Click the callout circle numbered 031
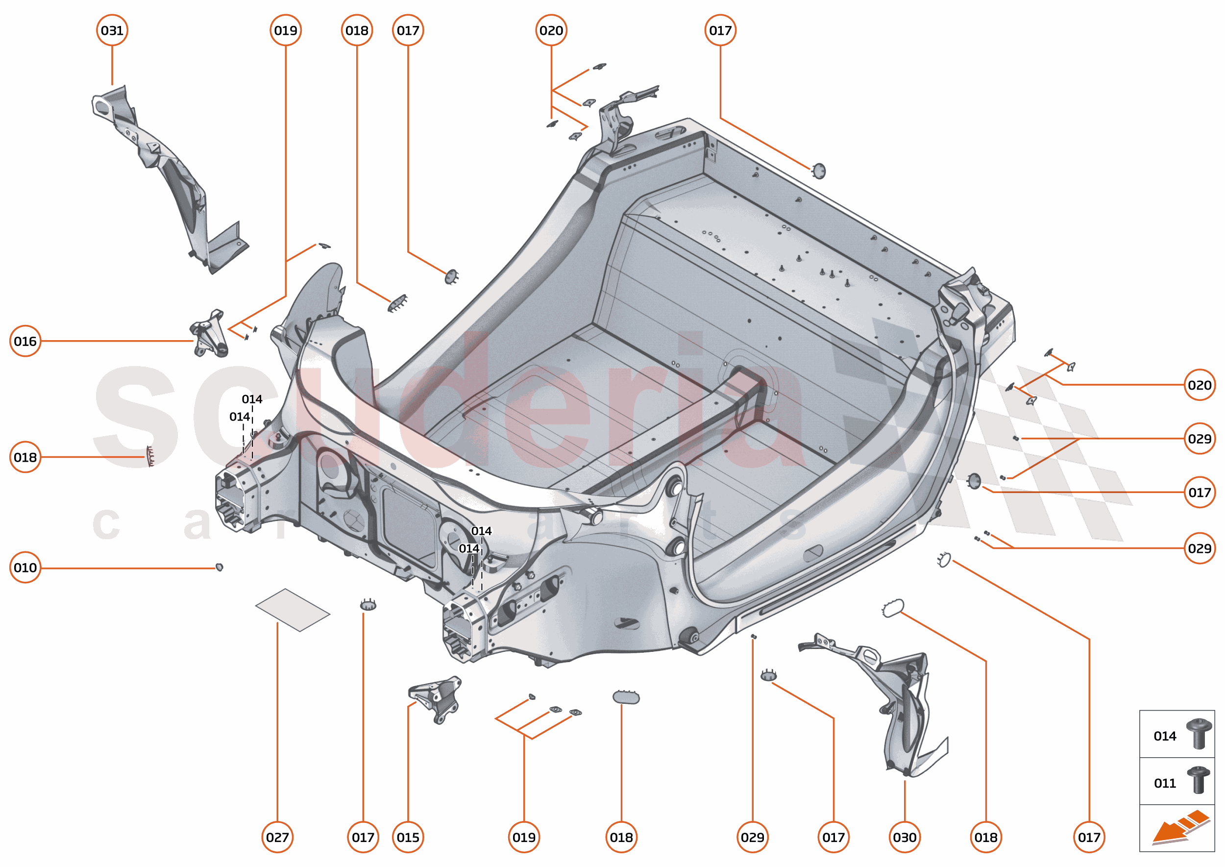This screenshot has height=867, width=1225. (x=112, y=30)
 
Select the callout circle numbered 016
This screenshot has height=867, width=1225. (x=25, y=341)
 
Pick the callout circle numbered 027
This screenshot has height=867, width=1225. (x=277, y=837)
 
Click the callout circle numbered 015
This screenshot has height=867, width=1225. (x=408, y=837)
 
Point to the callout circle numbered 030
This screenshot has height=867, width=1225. (x=904, y=837)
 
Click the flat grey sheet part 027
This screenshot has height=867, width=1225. (x=293, y=610)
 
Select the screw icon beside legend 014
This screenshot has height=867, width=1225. (x=1199, y=734)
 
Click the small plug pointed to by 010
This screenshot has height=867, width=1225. (x=219, y=567)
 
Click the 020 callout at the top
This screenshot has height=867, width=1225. (x=551, y=30)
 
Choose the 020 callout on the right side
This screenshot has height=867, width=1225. (x=1200, y=385)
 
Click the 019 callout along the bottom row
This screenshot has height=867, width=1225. (x=524, y=837)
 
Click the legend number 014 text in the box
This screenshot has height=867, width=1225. (x=1165, y=736)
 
